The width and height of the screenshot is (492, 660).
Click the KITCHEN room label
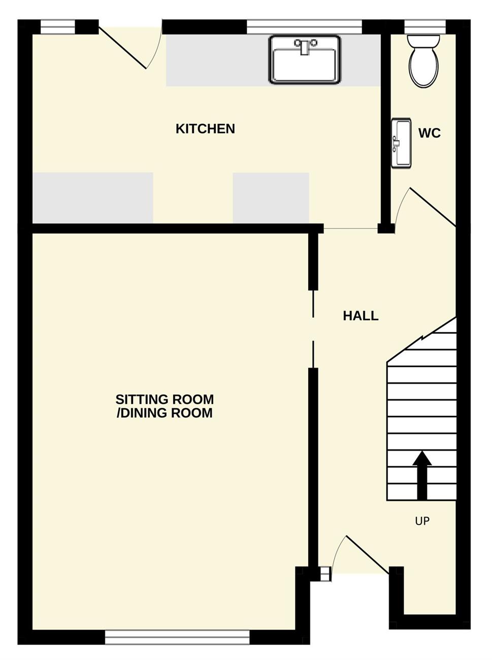click(x=205, y=128)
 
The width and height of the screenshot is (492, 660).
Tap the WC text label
click(x=430, y=133)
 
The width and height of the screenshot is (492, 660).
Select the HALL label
click(x=360, y=316)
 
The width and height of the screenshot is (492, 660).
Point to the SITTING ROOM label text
click(x=165, y=400)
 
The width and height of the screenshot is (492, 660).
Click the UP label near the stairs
click(x=422, y=521)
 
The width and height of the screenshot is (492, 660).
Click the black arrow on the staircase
click(x=422, y=475)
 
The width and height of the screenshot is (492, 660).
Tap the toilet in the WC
click(x=423, y=61)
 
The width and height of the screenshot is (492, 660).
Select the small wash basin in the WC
click(x=401, y=143)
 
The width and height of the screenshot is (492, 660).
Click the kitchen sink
click(x=305, y=59)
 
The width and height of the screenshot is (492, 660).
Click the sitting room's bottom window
click(x=177, y=638)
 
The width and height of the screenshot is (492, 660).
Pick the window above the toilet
click(x=424, y=27)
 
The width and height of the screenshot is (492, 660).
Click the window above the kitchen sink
click(x=304, y=27)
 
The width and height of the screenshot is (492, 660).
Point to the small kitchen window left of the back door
click(x=57, y=27)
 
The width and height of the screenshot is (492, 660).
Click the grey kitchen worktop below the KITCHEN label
click(x=271, y=197)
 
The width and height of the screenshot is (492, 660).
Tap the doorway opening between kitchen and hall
click(x=351, y=228)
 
